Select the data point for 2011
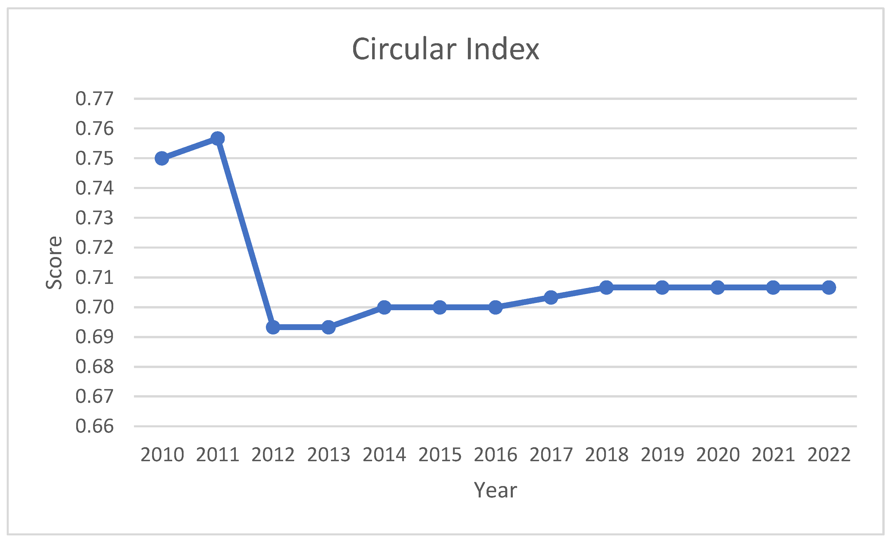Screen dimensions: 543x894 (217, 138)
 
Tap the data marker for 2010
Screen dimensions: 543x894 (162, 158)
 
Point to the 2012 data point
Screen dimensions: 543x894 (273, 327)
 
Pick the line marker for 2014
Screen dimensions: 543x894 (384, 307)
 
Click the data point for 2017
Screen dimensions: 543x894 (551, 297)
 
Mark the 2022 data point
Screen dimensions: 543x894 (829, 288)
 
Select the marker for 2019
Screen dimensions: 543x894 (662, 288)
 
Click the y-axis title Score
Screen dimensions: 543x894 (54, 263)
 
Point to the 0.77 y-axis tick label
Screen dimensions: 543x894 (94, 99)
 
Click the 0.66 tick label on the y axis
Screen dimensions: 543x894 (94, 426)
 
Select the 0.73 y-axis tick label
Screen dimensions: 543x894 (94, 218)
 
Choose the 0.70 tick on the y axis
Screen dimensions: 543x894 (94, 307)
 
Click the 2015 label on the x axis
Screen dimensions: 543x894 (440, 455)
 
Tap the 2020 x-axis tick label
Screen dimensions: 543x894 (718, 455)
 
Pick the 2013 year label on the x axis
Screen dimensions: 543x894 (329, 455)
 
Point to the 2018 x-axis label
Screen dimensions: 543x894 (607, 455)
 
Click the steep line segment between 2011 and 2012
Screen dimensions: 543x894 (245, 233)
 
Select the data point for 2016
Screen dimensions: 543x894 (495, 307)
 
